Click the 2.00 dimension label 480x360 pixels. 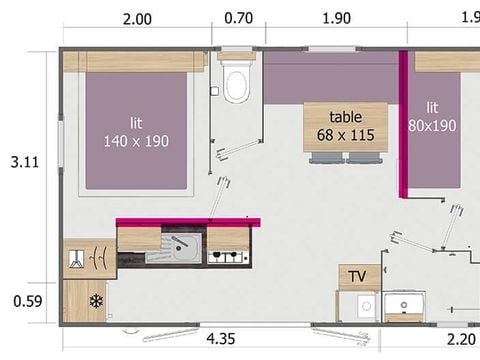tap(137, 19)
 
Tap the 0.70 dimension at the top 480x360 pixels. tap(238, 18)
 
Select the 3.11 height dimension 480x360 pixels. tap(25, 162)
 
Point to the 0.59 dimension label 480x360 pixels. tap(28, 301)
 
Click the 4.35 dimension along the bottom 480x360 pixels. tap(221, 339)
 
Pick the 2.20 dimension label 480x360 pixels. tap(461, 340)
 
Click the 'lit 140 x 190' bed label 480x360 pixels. tap(136, 132)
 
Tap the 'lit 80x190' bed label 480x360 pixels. tap(432, 117)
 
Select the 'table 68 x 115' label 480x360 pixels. tap(346, 126)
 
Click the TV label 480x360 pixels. tap(357, 276)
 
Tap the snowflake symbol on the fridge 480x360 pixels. tap(96, 301)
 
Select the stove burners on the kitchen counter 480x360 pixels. tap(228, 257)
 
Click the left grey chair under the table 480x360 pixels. tap(326, 158)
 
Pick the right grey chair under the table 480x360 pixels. tap(364, 158)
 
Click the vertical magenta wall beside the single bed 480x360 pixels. tap(403, 125)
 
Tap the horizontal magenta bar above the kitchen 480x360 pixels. tap(188, 222)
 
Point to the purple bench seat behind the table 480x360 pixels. tap(331, 78)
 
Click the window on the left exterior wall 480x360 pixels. tap(61, 144)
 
